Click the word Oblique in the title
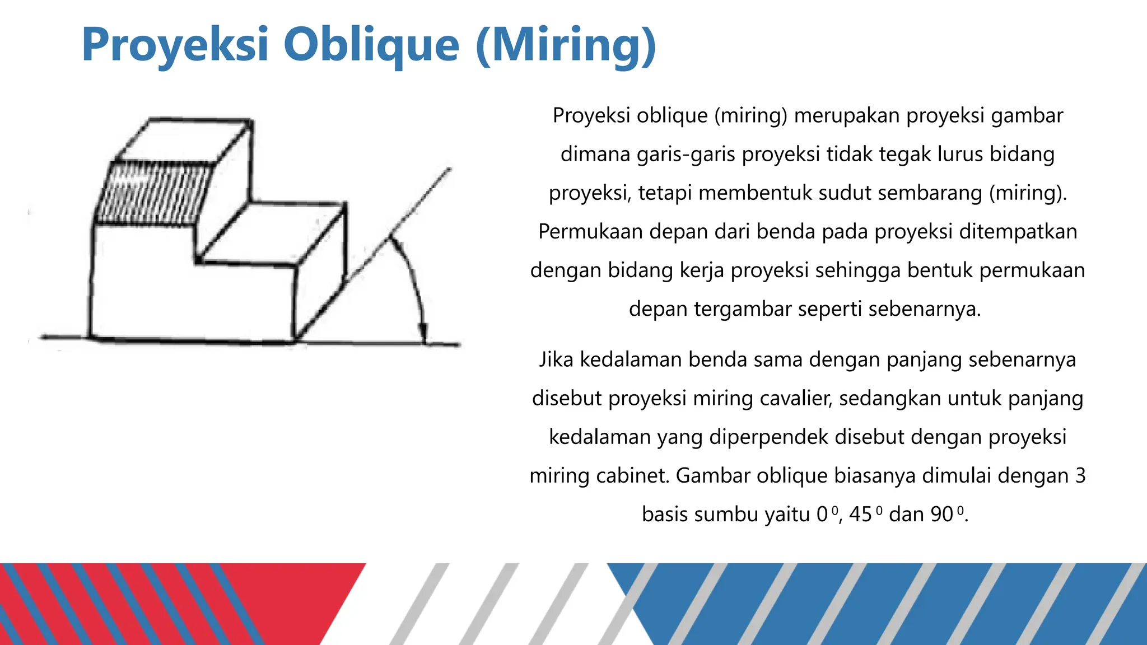[x=371, y=45]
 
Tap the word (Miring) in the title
[x=566, y=45]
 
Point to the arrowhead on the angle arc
[x=423, y=333]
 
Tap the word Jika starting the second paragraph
[x=556, y=359]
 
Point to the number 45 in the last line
[x=860, y=514]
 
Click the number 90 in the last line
[x=941, y=514]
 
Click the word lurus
[x=960, y=154]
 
